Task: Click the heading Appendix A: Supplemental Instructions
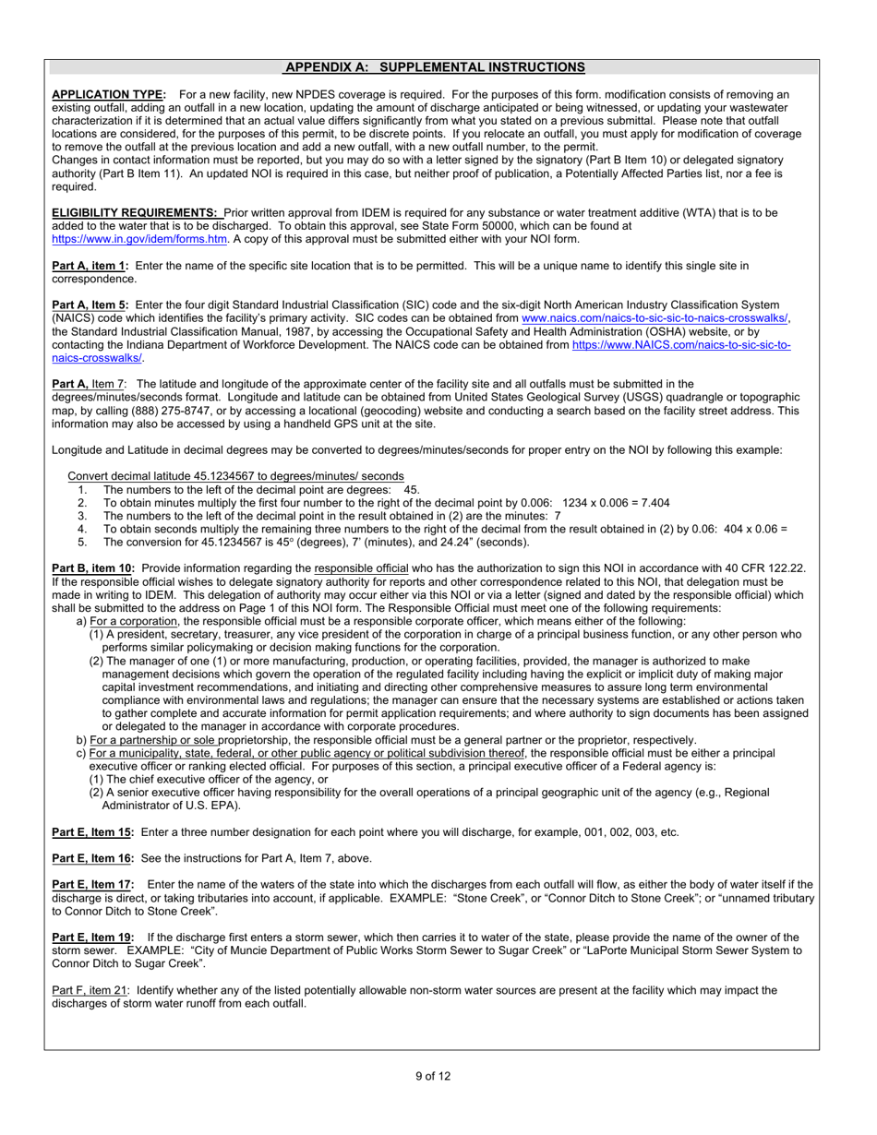click(x=434, y=67)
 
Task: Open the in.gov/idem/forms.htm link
click(x=139, y=239)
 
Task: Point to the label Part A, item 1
click(x=90, y=266)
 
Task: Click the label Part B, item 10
click(x=93, y=568)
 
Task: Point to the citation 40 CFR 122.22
click(x=760, y=568)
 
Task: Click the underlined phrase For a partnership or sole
click(x=159, y=739)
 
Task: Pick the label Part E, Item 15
click(x=93, y=832)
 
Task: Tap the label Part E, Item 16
click(x=93, y=858)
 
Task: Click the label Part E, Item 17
click(x=93, y=885)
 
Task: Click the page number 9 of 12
click(x=432, y=1075)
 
